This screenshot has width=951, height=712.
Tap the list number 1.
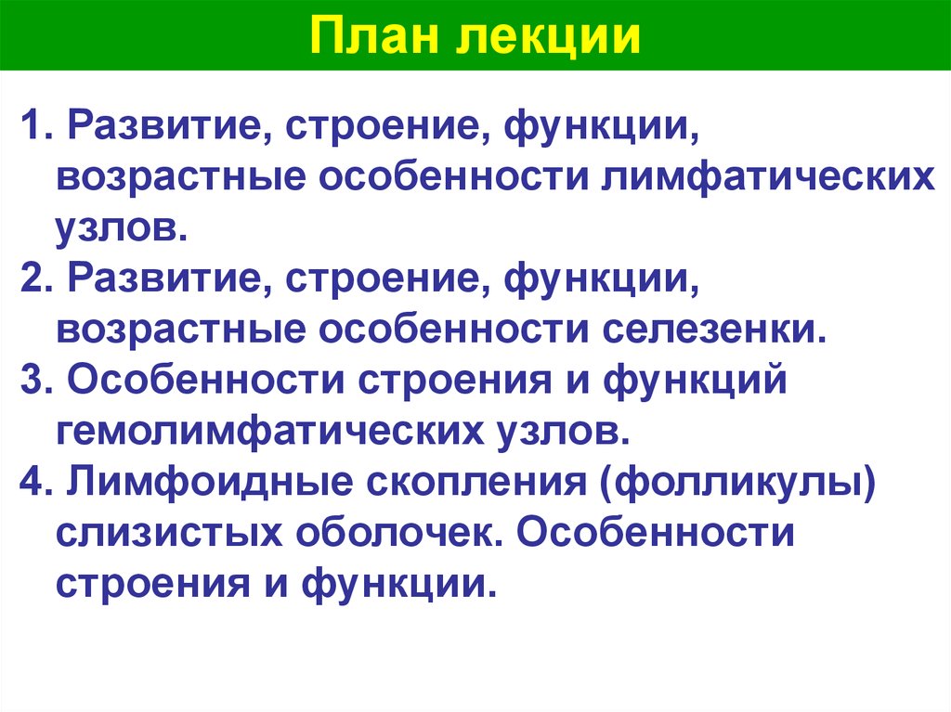coord(33,125)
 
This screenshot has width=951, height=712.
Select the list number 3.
coord(33,382)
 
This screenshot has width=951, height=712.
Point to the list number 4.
coord(33,485)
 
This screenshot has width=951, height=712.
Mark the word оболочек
coord(390,537)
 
